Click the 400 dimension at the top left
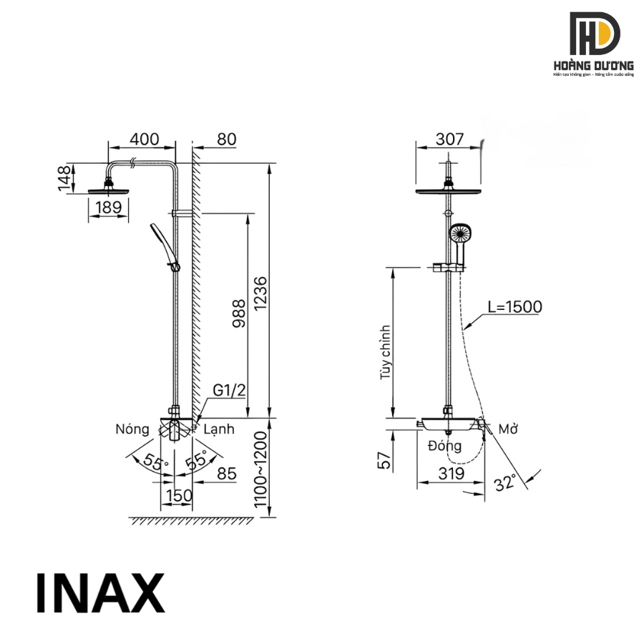coord(143,140)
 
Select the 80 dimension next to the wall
coord(226,140)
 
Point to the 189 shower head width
coord(109,208)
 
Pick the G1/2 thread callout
coord(229,390)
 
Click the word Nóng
coord(132,429)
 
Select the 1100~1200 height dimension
coord(260,469)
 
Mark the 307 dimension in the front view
coord(449,140)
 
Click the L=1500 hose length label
coord(514,307)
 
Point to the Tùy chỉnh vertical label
coord(386,351)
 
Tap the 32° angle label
coord(505,483)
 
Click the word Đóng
coord(445,446)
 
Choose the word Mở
coord(508,429)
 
